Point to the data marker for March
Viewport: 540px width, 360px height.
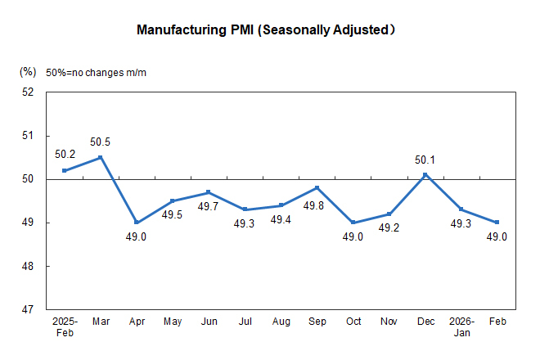(100, 157)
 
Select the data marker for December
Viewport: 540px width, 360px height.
(425, 174)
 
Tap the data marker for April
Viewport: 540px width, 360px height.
(136, 223)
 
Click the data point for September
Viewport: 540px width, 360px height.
(317, 187)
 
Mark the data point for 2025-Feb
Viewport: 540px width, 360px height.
(64, 170)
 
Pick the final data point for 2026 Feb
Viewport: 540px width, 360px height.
(497, 223)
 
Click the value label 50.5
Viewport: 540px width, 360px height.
(100, 142)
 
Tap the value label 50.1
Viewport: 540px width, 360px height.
(425, 160)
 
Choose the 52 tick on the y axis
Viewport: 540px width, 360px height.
(28, 92)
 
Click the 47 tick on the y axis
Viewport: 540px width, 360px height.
(28, 310)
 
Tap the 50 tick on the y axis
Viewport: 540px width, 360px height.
(28, 179)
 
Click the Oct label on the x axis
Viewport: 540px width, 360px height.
(353, 322)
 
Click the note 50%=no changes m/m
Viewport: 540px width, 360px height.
(97, 73)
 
